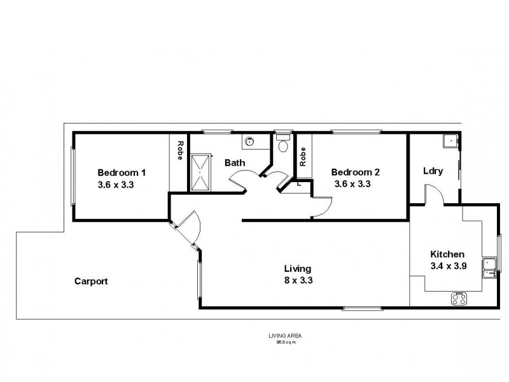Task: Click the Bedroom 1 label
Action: click(x=122, y=172)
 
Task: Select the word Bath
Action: click(x=235, y=163)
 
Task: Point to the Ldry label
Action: click(x=433, y=171)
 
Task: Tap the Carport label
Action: click(x=91, y=281)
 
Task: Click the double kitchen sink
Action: click(x=489, y=269)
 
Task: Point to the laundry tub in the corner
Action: click(x=450, y=141)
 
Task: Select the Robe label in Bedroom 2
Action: click(x=303, y=156)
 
